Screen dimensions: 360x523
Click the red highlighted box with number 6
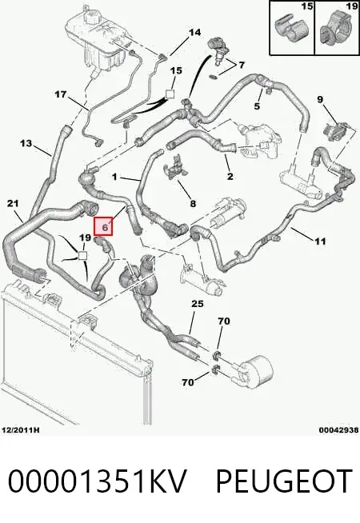(x=104, y=226)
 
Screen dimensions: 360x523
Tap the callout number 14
(x=195, y=32)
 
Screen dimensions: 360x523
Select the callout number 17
(x=61, y=94)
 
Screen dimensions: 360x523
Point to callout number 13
(x=26, y=143)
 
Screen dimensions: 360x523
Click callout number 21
(x=13, y=203)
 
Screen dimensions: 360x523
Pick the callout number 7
(x=242, y=65)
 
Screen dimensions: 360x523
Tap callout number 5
(x=257, y=106)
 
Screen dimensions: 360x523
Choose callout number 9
(x=320, y=99)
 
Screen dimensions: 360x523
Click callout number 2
(x=230, y=176)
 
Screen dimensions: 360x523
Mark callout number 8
(x=193, y=203)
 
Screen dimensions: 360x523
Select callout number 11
(x=320, y=241)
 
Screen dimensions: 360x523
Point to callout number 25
(x=197, y=304)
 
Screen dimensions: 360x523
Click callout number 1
(x=114, y=177)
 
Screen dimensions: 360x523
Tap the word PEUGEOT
(x=284, y=481)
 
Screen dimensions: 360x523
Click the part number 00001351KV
(x=97, y=481)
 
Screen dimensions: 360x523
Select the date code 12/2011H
(x=21, y=430)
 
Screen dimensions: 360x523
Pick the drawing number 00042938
(x=338, y=430)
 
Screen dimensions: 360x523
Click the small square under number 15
(x=170, y=94)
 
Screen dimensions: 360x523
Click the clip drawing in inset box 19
(x=335, y=31)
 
